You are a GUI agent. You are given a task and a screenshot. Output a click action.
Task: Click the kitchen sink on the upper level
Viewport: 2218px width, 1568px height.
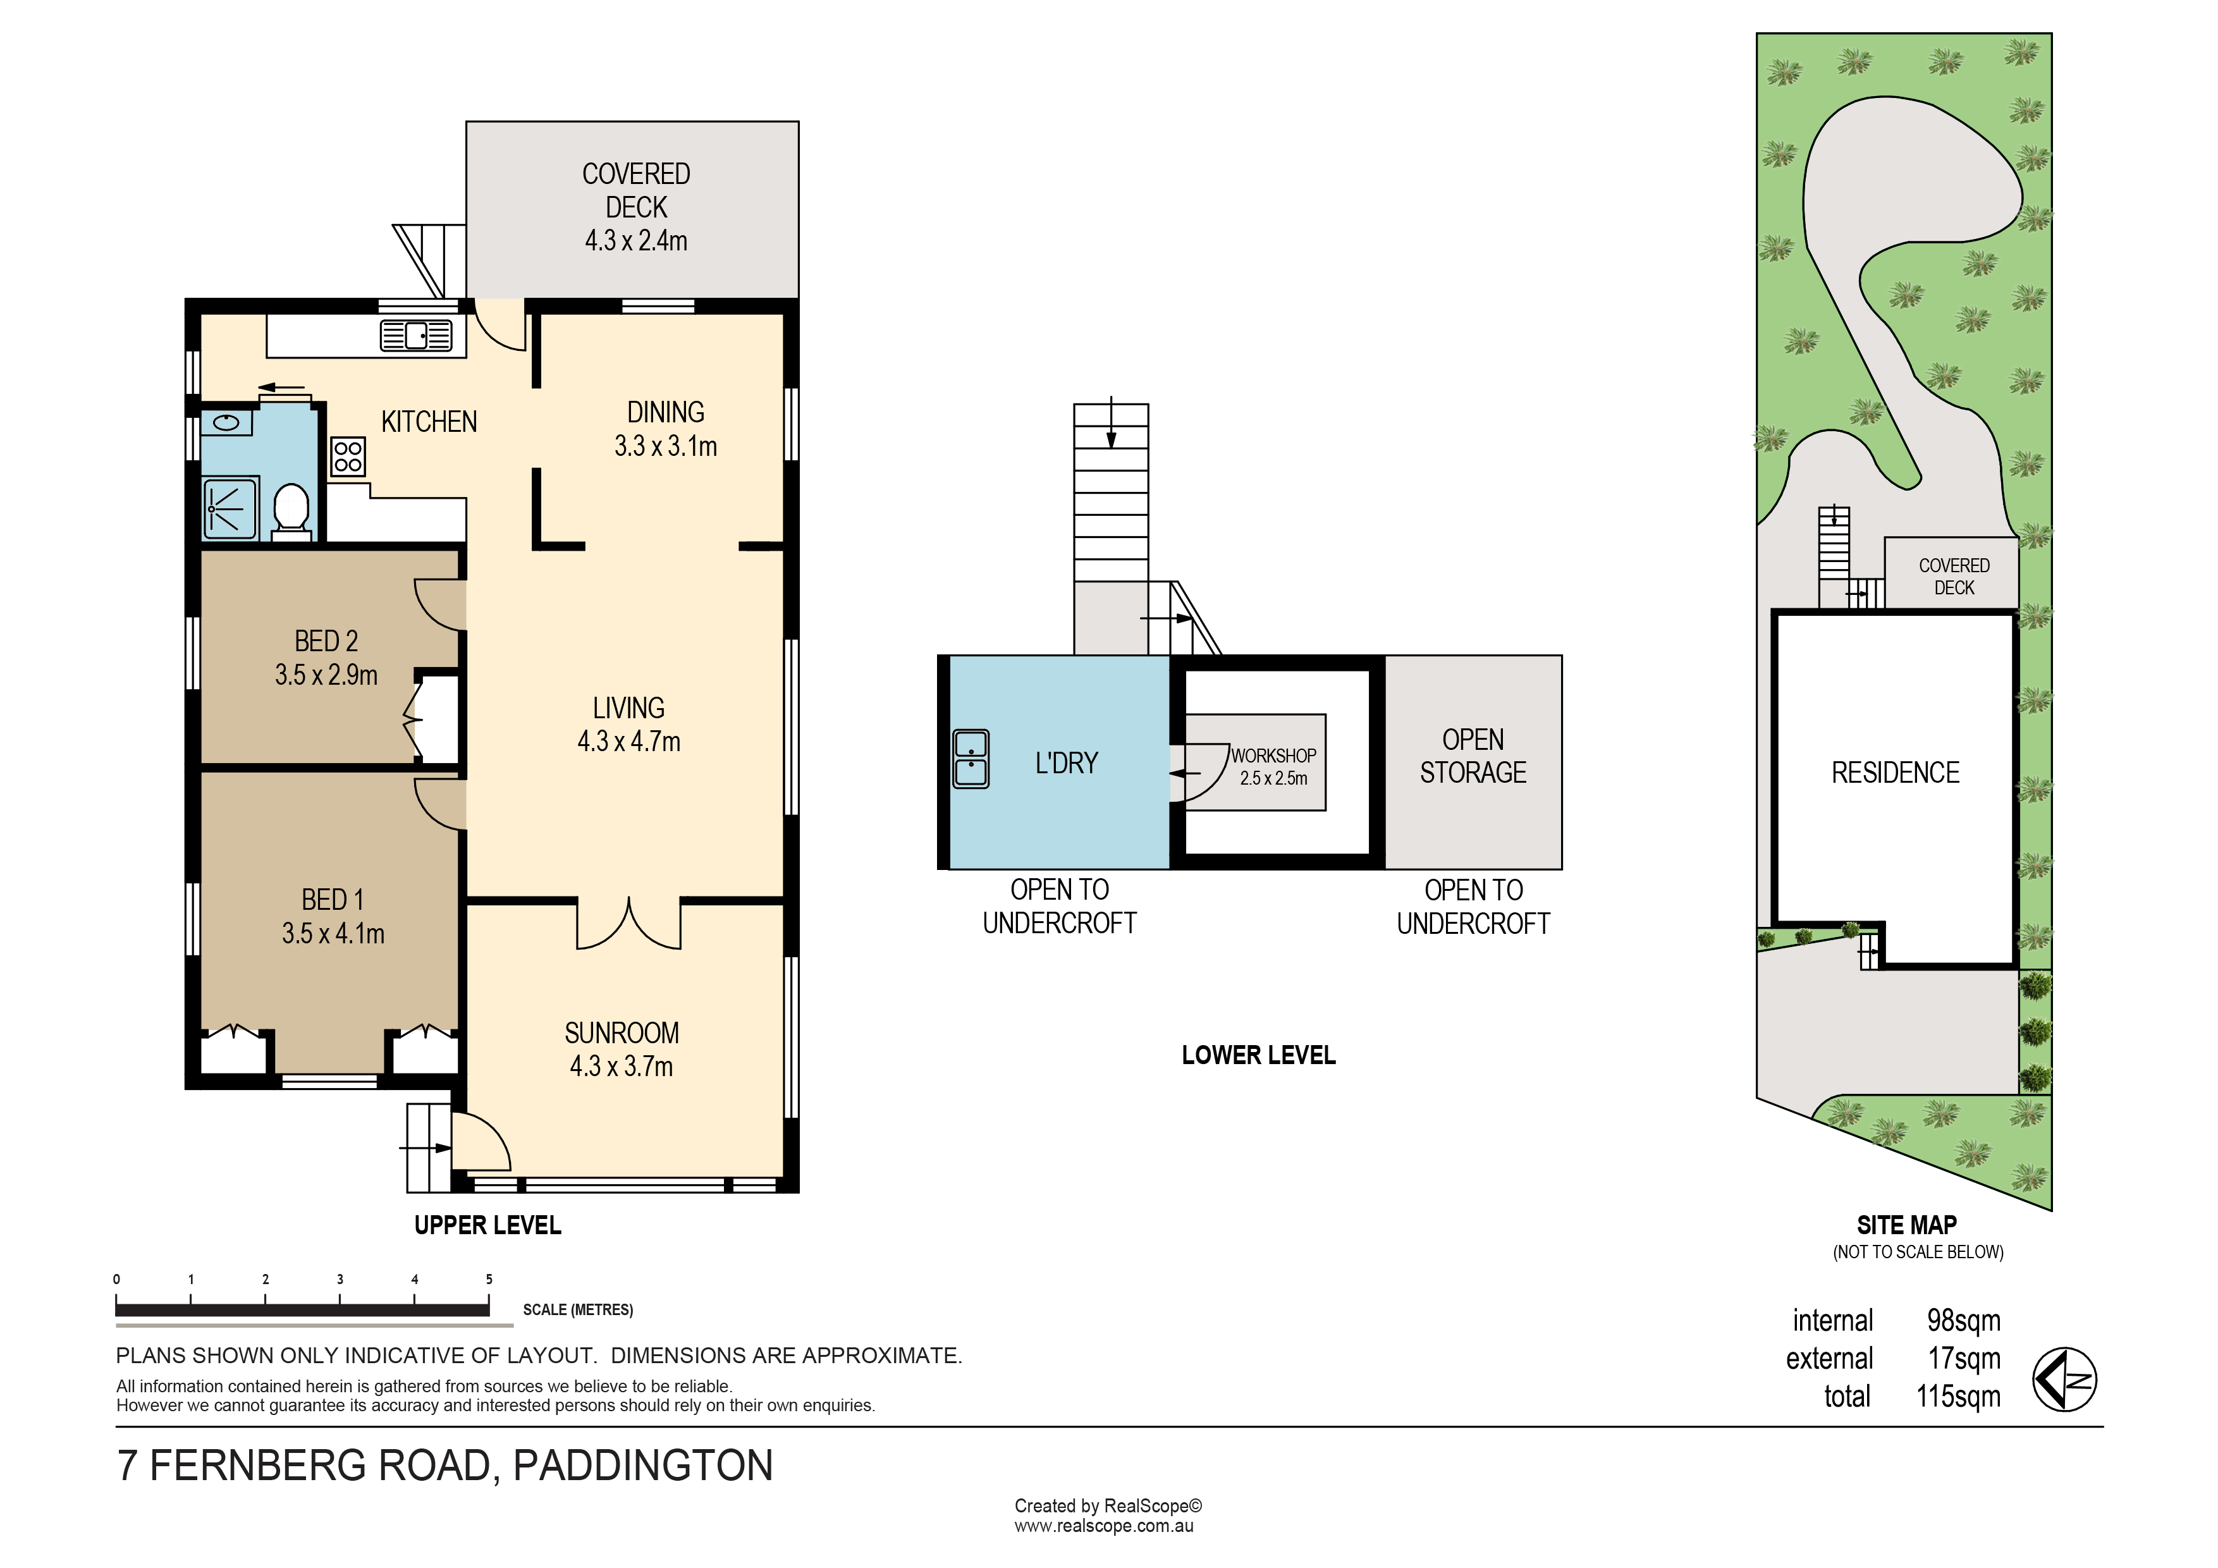coord(417,335)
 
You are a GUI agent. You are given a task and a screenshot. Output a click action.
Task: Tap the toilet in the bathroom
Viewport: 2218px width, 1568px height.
coord(291,510)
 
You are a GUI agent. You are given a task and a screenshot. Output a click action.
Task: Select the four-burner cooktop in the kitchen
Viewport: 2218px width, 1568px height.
coord(348,457)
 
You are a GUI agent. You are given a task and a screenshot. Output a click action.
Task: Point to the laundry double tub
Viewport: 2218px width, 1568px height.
coord(971,759)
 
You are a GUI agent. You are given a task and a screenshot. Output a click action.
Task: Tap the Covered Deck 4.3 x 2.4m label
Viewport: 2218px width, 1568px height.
coord(635,207)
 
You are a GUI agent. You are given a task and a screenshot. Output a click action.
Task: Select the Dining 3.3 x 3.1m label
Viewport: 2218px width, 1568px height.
coord(666,429)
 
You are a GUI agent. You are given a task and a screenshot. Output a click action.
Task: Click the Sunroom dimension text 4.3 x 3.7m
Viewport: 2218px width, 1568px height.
coord(621,1067)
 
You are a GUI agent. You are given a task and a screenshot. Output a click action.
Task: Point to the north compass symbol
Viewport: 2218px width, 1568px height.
coord(2064,1379)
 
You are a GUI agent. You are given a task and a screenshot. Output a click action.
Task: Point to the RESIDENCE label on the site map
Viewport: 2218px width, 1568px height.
coord(1896,773)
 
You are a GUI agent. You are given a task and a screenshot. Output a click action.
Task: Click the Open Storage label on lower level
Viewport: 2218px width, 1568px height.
coord(1473,756)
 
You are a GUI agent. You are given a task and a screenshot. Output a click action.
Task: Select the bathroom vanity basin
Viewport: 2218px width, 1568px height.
coord(227,422)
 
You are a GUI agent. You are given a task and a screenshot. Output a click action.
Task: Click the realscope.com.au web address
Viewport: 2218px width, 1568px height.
coord(1103,1526)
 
